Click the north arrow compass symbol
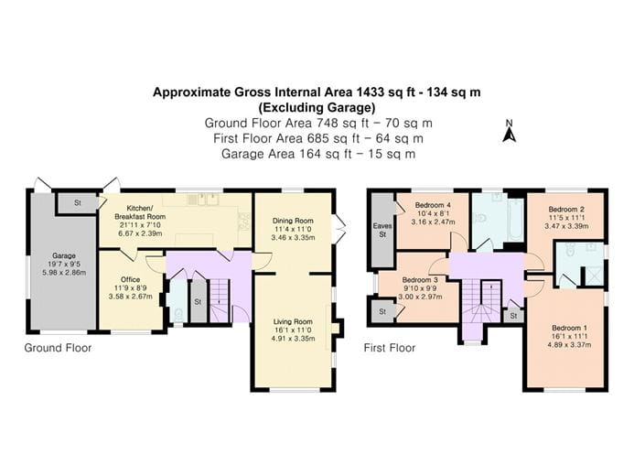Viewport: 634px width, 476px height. click(510, 133)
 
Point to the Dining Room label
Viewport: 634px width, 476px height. click(293, 221)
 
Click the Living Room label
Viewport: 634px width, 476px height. click(292, 321)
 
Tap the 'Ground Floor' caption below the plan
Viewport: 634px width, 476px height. click(59, 348)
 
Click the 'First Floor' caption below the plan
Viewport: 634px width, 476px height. click(390, 348)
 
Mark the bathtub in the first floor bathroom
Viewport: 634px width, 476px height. click(509, 218)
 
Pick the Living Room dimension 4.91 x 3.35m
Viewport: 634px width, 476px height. click(292, 339)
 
